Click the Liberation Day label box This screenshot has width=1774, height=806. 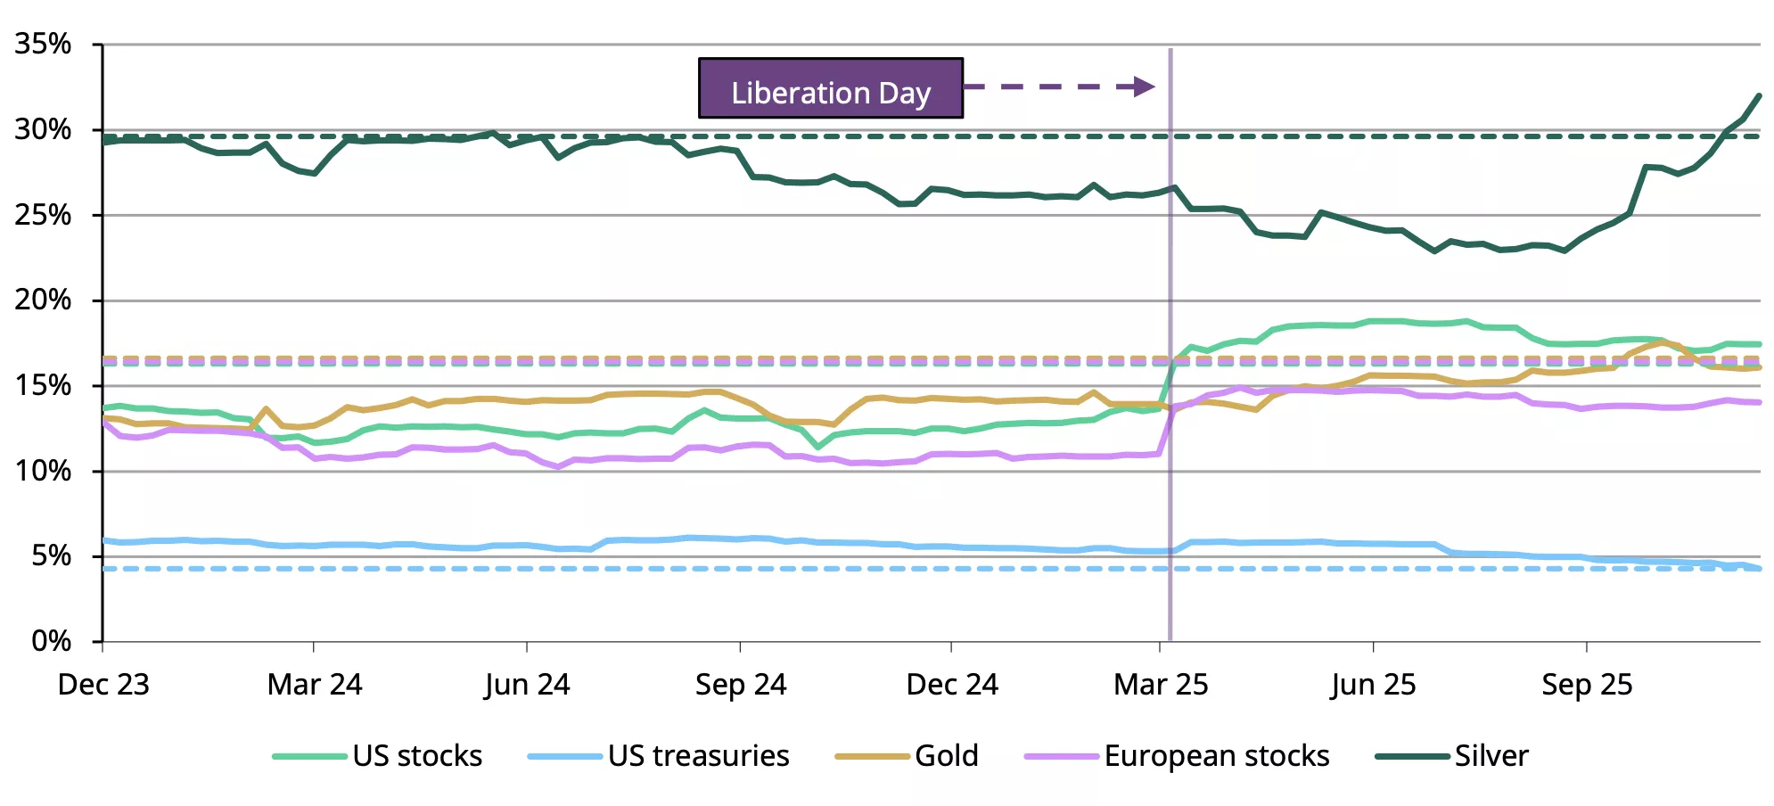tap(830, 88)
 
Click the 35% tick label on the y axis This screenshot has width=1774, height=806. tap(43, 44)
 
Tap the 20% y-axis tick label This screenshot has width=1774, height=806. tap(43, 300)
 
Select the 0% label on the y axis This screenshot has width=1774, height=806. tap(51, 641)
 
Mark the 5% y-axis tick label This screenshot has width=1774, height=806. tap(51, 555)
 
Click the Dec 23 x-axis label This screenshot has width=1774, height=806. tap(103, 685)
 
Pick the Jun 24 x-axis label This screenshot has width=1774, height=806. tap(527, 685)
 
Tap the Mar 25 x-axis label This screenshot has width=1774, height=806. tap(1161, 685)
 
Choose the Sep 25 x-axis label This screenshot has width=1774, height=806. tap(1587, 685)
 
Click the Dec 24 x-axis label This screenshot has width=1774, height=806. tap(952, 685)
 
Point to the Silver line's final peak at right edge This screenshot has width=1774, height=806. tap(1759, 95)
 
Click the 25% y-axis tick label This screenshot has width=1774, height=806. tap(43, 215)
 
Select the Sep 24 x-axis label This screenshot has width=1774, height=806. tap(741, 685)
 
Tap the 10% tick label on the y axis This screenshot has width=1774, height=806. tap(43, 471)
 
